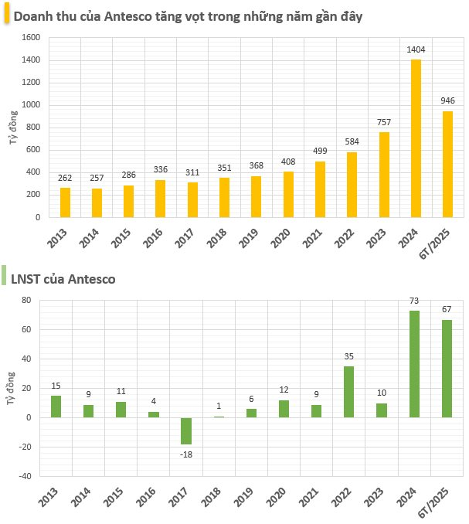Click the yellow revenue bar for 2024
coord(416,138)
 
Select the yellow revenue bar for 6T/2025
coord(447,164)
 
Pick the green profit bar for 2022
coord(348,392)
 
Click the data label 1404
coord(416,50)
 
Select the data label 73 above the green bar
coord(414,302)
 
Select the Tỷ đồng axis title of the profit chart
coord(9,388)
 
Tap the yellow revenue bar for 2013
coord(65,202)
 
